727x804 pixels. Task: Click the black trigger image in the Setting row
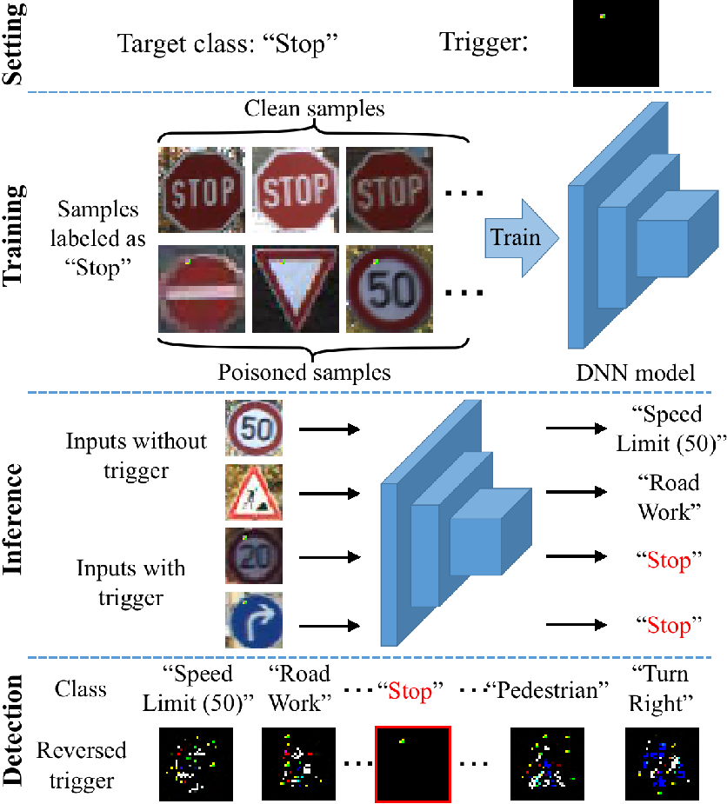click(616, 43)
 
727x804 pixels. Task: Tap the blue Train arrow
click(522, 238)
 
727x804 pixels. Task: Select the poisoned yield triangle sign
click(296, 289)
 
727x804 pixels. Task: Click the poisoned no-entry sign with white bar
click(202, 289)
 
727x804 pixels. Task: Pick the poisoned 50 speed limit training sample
click(390, 289)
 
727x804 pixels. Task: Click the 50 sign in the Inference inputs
click(254, 429)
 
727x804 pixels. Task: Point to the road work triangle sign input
click(254, 492)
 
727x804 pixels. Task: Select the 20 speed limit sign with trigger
click(254, 555)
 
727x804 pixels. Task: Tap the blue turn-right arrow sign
click(254, 620)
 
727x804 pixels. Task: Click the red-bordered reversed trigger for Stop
click(413, 764)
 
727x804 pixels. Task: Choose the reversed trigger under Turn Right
click(662, 764)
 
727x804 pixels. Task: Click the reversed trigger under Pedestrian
click(547, 764)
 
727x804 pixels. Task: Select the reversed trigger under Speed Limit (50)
click(196, 764)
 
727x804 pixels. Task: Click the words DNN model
click(635, 373)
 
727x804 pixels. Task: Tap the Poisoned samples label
click(304, 372)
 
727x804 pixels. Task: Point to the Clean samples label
click(314, 108)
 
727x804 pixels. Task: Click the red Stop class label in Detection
click(410, 691)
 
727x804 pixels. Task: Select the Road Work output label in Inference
click(669, 497)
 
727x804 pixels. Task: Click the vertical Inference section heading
click(13, 519)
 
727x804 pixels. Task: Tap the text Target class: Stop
click(228, 43)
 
